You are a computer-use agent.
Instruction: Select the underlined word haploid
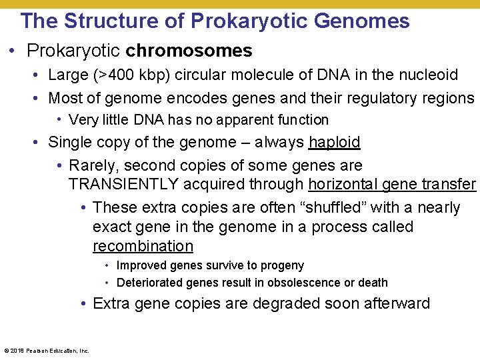(335, 142)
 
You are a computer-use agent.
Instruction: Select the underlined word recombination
(143, 246)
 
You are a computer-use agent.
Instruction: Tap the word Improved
(143, 265)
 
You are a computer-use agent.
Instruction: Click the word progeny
(282, 265)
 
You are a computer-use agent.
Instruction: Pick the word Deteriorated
(150, 283)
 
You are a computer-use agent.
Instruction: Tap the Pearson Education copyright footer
(47, 350)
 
